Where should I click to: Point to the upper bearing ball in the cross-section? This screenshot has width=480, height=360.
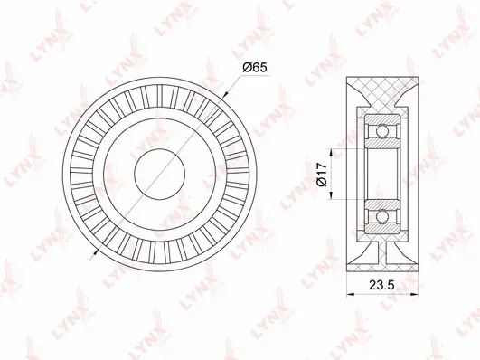pos(384,132)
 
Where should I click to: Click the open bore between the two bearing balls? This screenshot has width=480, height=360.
pos(384,173)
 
